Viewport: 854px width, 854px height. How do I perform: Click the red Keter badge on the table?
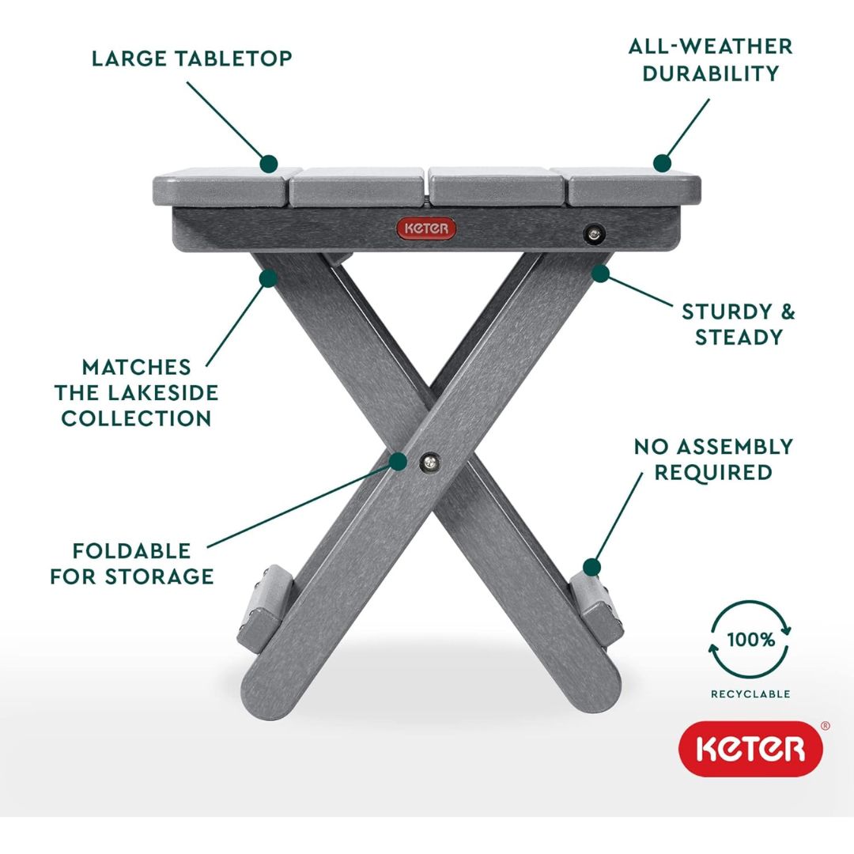tap(426, 229)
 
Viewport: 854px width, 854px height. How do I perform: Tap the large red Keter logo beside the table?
tap(750, 748)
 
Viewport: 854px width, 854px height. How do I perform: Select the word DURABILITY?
tap(711, 74)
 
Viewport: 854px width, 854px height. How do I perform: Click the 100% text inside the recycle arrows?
tap(750, 640)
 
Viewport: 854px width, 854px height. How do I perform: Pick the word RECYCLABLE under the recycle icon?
tap(750, 694)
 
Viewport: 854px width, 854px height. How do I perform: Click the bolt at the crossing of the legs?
tap(430, 463)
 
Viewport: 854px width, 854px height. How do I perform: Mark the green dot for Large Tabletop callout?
tap(269, 164)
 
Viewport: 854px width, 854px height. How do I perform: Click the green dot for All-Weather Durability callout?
tap(662, 164)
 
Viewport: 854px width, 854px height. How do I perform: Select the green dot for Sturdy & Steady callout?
tap(600, 274)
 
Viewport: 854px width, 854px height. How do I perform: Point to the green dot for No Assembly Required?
tap(591, 566)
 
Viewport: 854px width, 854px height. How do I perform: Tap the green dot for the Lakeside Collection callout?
tap(269, 278)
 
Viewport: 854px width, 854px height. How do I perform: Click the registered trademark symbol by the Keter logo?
tap(825, 725)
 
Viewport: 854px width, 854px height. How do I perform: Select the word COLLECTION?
tap(137, 418)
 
